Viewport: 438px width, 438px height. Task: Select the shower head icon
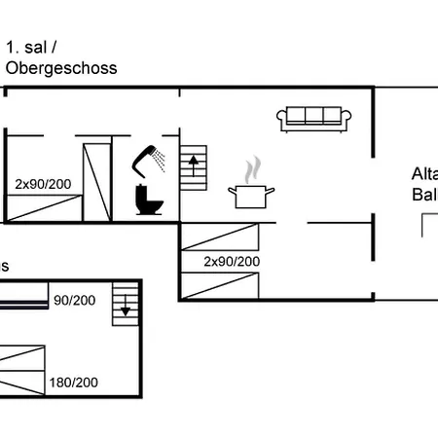[149, 158]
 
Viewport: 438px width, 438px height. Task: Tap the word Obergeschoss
[61, 68]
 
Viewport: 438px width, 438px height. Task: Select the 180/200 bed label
[74, 383]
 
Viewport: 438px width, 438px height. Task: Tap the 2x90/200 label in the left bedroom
[42, 183]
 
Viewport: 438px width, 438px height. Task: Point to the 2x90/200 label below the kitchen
[232, 262]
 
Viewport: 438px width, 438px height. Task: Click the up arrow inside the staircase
[195, 164]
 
